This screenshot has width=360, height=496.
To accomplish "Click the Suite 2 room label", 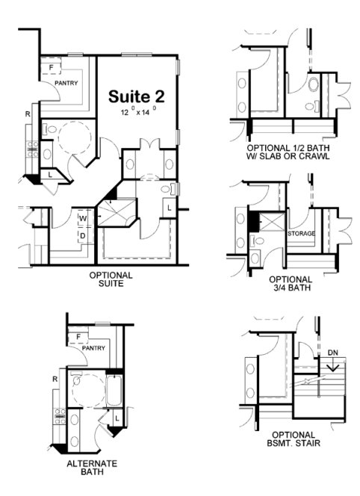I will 137,96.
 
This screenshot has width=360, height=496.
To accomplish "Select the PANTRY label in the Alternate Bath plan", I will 93,347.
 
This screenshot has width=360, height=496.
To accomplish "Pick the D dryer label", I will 83,235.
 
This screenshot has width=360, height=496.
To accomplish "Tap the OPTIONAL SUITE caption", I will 111,279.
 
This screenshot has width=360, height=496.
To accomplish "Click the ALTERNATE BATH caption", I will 92,468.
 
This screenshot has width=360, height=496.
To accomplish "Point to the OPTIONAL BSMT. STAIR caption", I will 291,439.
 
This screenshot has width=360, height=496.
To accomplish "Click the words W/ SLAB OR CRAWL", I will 292,158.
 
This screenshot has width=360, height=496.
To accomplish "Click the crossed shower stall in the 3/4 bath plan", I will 274,223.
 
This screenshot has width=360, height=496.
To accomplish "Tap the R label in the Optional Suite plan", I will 27,114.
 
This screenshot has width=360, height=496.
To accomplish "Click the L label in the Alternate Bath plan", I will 118,416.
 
